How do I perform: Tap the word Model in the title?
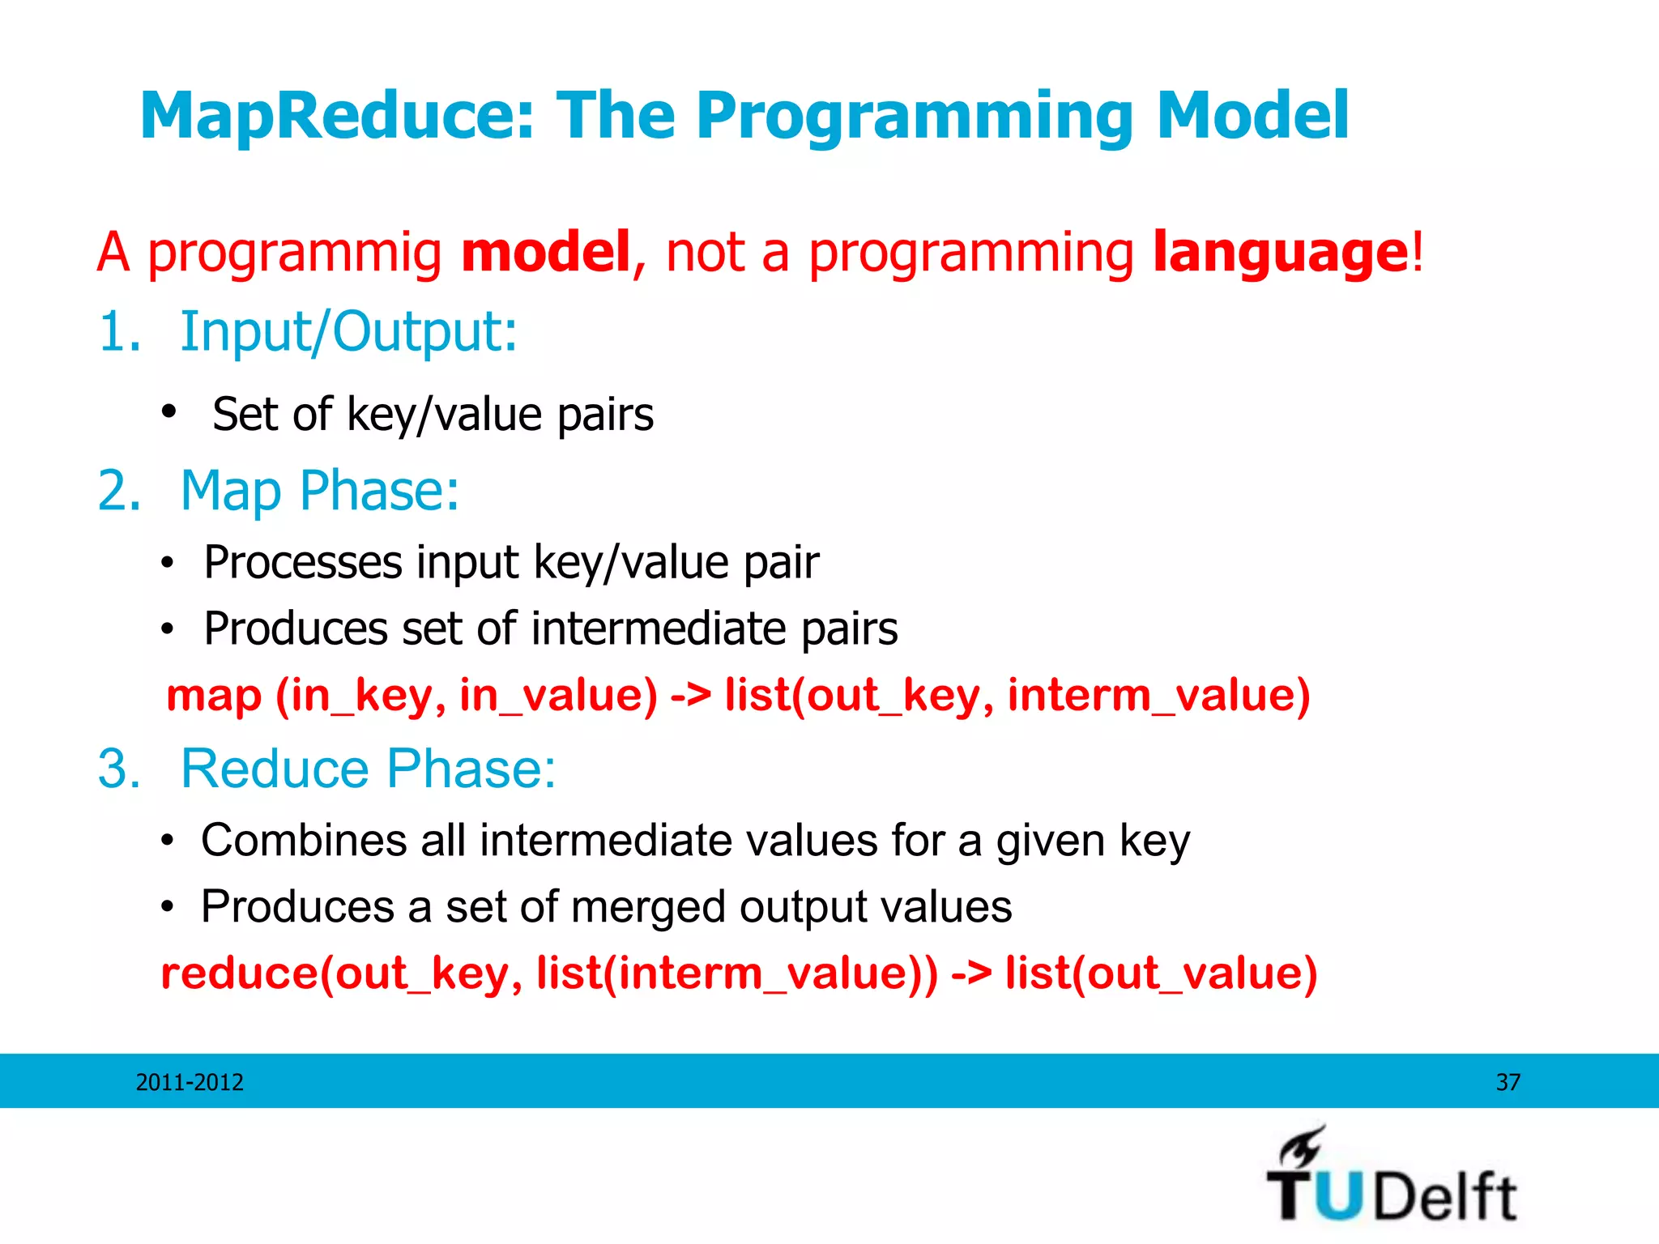[1252, 116]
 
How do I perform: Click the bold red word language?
[1281, 253]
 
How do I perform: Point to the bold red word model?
[545, 252]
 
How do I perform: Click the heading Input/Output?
[348, 332]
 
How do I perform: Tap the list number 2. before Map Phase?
[119, 491]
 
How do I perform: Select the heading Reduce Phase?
[369, 769]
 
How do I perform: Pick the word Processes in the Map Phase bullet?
[303, 563]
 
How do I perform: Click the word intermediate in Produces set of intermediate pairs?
[658, 629]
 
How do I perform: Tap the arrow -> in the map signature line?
[691, 696]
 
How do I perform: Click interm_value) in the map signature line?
[1158, 696]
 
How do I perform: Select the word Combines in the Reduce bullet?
[304, 841]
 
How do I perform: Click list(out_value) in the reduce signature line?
[1161, 973]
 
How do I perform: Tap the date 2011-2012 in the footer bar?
[190, 1082]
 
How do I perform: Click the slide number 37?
[1508, 1082]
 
